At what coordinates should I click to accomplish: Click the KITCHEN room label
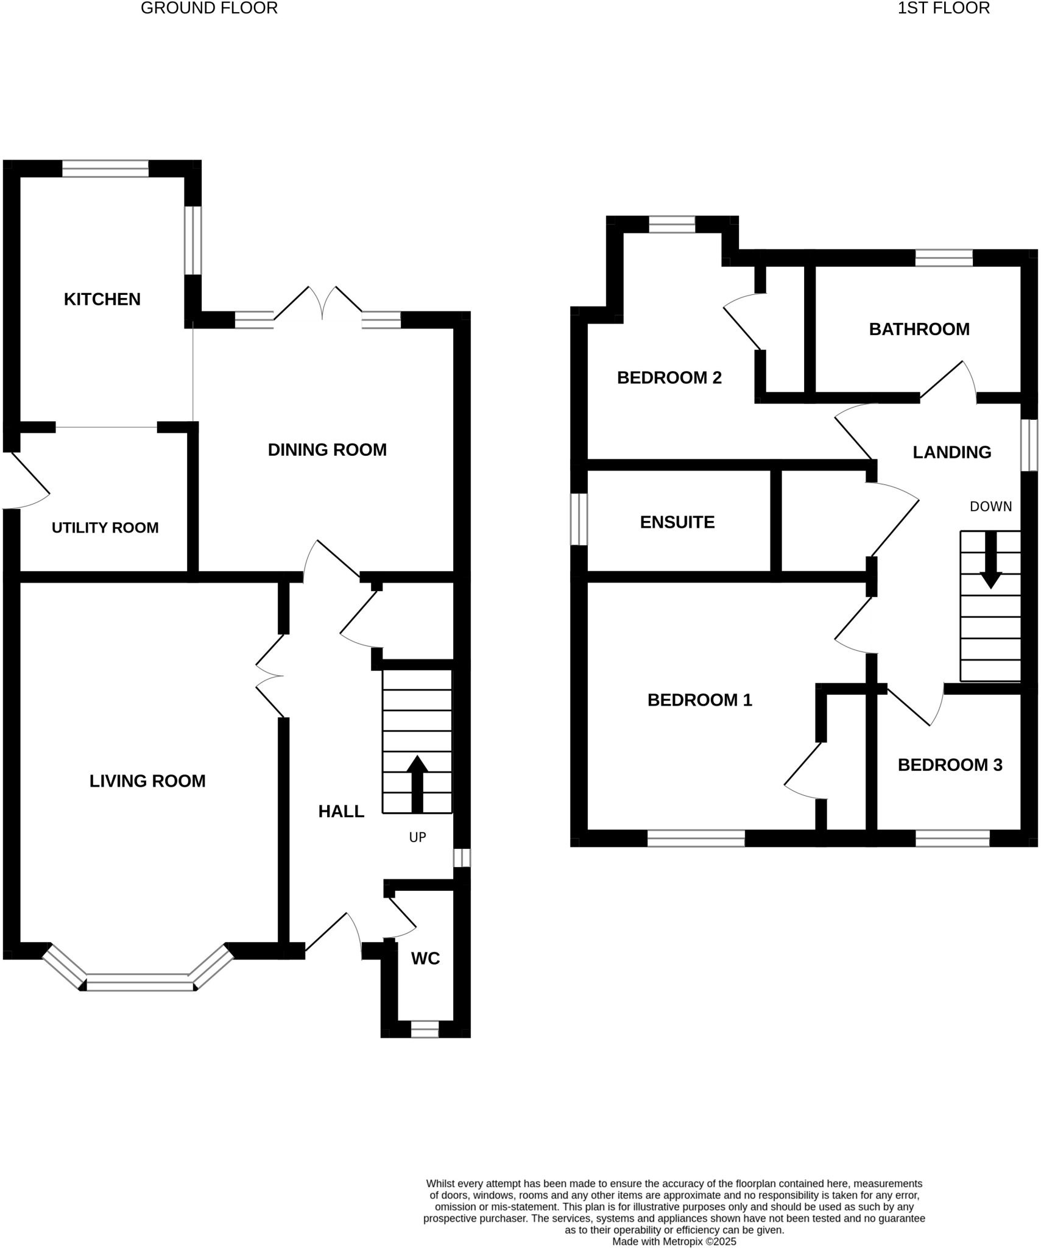pyautogui.click(x=102, y=299)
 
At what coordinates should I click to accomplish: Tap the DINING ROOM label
pyautogui.click(x=327, y=450)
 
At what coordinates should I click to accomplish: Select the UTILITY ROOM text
pyautogui.click(x=105, y=528)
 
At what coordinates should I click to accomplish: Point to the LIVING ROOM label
pyautogui.click(x=147, y=781)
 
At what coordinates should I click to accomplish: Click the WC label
pyautogui.click(x=425, y=959)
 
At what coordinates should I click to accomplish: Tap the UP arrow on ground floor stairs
pyautogui.click(x=417, y=784)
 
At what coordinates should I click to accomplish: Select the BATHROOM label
pyautogui.click(x=919, y=329)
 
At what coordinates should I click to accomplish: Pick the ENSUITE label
pyautogui.click(x=677, y=522)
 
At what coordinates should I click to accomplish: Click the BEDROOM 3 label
pyautogui.click(x=950, y=765)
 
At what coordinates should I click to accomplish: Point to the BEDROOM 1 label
pyautogui.click(x=699, y=700)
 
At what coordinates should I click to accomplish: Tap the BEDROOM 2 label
pyautogui.click(x=669, y=378)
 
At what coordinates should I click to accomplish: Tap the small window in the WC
pyautogui.click(x=425, y=1029)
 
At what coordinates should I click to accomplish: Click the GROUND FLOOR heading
pyautogui.click(x=209, y=8)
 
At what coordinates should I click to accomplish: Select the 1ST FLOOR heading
pyautogui.click(x=943, y=8)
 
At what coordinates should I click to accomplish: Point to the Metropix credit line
pyautogui.click(x=674, y=1241)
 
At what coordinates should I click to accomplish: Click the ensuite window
pyautogui.click(x=579, y=519)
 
